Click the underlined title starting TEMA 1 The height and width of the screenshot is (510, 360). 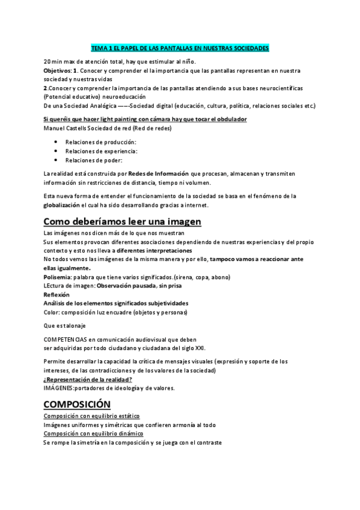click(x=180, y=48)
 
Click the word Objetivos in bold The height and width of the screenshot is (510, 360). click(x=57, y=71)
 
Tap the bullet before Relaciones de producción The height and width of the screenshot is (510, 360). click(x=56, y=141)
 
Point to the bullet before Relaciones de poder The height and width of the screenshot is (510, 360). click(x=56, y=161)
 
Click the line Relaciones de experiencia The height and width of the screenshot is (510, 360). click(x=93, y=151)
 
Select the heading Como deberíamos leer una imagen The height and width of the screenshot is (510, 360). click(x=123, y=221)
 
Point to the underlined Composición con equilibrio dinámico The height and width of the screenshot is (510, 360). click(x=93, y=434)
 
